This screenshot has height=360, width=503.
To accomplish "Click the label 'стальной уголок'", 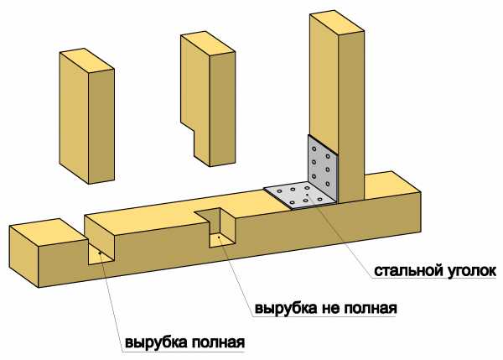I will [x=435, y=270].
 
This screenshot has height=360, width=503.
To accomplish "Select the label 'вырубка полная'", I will [x=184, y=343].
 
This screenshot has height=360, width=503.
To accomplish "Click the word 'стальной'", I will [x=405, y=270].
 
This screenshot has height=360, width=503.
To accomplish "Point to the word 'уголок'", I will [x=470, y=270].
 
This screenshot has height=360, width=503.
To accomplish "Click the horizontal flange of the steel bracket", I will [x=296, y=195].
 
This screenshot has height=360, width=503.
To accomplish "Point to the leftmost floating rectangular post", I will [x=87, y=117].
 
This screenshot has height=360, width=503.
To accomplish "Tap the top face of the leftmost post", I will [x=87, y=60].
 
